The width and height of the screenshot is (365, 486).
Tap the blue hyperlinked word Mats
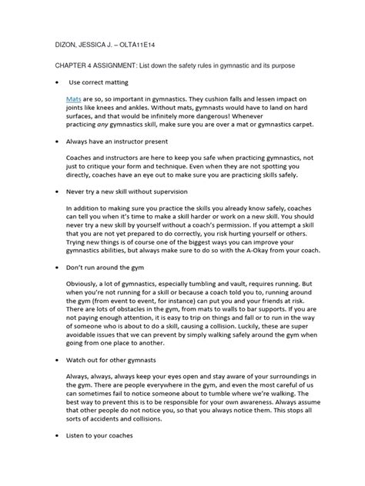[x=74, y=101]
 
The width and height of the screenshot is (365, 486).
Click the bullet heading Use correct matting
[x=99, y=82]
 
